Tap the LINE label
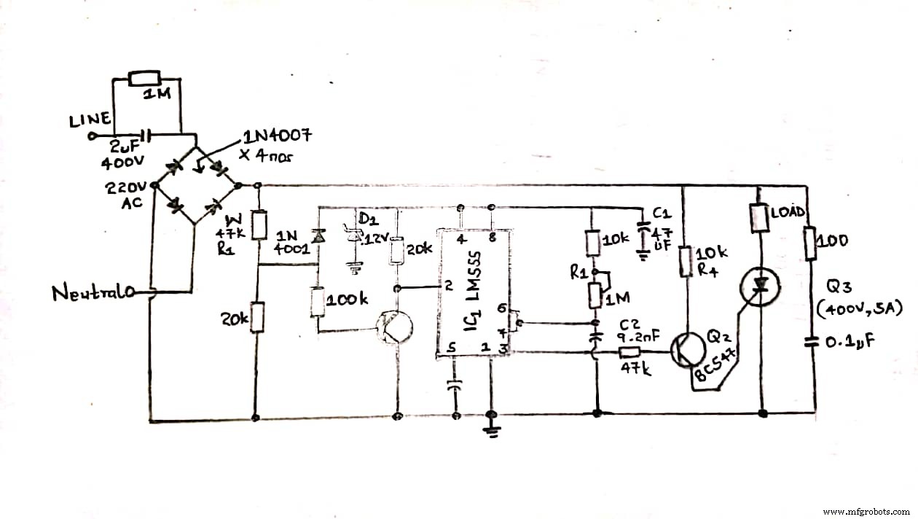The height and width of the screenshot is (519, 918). tap(90, 120)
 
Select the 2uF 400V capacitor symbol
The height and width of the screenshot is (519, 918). tap(146, 136)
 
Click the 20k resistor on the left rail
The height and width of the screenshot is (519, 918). tap(256, 319)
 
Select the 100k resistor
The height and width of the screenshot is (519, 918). tap(318, 301)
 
